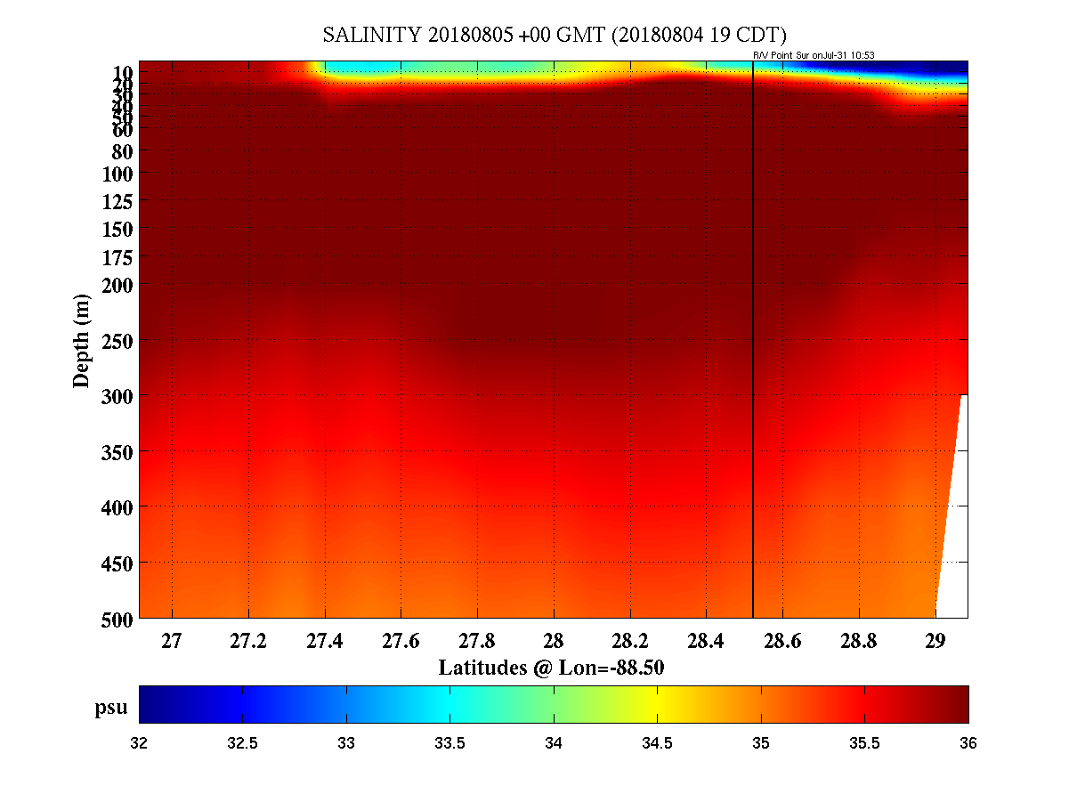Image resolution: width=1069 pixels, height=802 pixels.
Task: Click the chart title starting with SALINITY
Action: point(554,36)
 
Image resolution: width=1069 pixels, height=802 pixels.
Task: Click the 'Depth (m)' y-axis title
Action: point(82,340)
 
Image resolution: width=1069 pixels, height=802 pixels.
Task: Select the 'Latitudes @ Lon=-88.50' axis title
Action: point(552,668)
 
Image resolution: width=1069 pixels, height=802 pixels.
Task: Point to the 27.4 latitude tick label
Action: point(325,641)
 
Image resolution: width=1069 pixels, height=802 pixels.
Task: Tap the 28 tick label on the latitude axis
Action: point(554,641)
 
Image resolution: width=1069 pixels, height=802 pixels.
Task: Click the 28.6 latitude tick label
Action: point(782,641)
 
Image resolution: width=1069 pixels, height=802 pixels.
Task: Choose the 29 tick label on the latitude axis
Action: point(935,641)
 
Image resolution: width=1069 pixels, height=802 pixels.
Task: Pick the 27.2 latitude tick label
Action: point(248,641)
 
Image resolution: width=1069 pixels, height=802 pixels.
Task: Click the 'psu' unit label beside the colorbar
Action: point(111,708)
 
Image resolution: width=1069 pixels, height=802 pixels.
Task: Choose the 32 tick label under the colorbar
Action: point(140,742)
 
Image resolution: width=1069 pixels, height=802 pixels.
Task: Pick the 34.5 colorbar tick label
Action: point(657,742)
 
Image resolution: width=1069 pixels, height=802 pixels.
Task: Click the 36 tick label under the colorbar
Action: point(968,742)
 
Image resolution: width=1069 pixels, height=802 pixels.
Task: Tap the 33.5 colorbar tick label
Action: point(449,742)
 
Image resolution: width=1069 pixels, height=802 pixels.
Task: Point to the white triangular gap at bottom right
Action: point(954,552)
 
